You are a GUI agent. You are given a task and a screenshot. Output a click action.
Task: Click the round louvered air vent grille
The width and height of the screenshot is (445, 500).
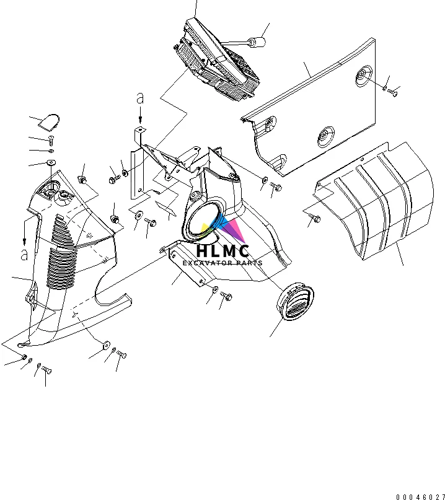295,301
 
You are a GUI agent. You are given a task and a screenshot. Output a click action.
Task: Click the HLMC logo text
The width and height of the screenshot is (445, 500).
222,251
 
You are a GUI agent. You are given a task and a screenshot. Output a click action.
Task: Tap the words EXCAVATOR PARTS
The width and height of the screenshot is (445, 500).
222,263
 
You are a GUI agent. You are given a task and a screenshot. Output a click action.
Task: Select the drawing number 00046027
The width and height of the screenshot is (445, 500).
420,497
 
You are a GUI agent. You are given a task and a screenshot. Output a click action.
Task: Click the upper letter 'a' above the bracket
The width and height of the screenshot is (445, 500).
140,99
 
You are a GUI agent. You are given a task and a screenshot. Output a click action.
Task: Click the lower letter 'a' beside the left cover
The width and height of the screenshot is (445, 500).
24,255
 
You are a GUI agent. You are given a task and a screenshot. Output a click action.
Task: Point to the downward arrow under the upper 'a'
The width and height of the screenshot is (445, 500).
140,115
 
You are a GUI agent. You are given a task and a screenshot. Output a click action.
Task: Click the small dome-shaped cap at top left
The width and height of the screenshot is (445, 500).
49,122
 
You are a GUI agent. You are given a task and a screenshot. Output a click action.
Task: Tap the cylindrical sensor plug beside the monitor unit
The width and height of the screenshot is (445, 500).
257,42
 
